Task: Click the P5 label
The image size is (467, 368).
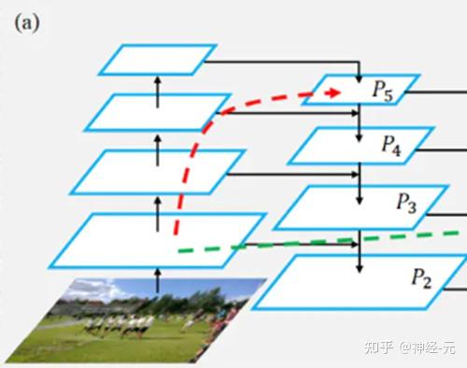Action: click(x=383, y=91)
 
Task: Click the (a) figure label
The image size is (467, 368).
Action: click(x=25, y=21)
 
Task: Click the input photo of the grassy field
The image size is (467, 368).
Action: click(x=131, y=318)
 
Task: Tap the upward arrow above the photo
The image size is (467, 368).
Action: click(x=157, y=275)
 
